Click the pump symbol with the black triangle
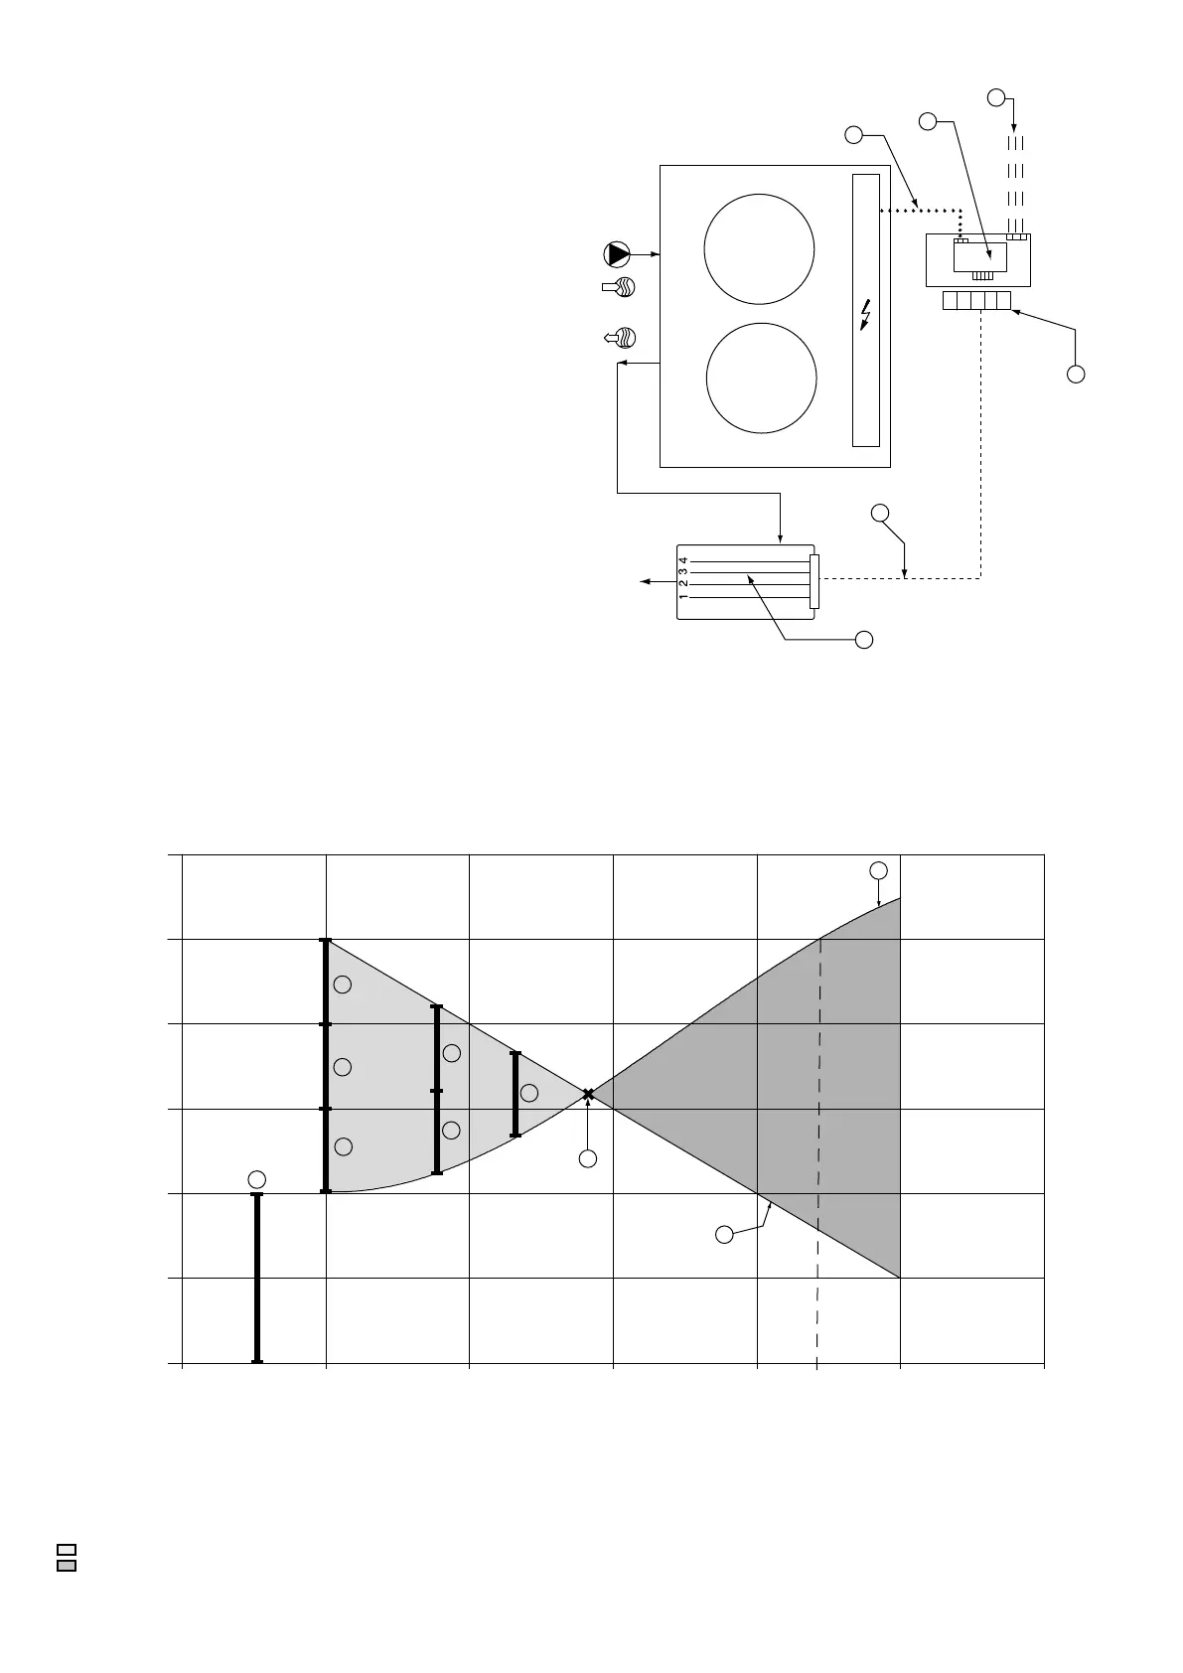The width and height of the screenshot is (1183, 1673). click(x=617, y=254)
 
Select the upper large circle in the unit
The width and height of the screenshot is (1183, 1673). click(x=759, y=248)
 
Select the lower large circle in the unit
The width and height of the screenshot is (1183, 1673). click(x=761, y=379)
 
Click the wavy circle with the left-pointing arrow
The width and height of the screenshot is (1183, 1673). click(x=621, y=338)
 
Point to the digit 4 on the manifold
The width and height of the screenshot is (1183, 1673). click(x=683, y=561)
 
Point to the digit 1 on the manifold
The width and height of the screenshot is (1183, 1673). click(x=683, y=598)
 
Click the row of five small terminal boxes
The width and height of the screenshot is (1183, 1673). click(x=976, y=300)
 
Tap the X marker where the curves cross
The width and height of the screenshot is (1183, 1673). click(x=588, y=1094)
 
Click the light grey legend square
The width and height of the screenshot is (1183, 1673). click(x=67, y=1550)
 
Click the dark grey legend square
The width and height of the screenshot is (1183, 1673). click(x=67, y=1566)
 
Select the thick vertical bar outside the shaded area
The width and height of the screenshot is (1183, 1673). click(x=257, y=1278)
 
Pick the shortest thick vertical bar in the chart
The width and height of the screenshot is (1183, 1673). click(x=515, y=1093)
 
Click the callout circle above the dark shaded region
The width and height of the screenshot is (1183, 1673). click(x=878, y=870)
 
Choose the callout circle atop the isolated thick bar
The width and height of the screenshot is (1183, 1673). click(x=257, y=1178)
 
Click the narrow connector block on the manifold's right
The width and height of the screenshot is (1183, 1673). click(x=814, y=581)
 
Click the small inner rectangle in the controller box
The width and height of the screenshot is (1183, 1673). click(x=979, y=256)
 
